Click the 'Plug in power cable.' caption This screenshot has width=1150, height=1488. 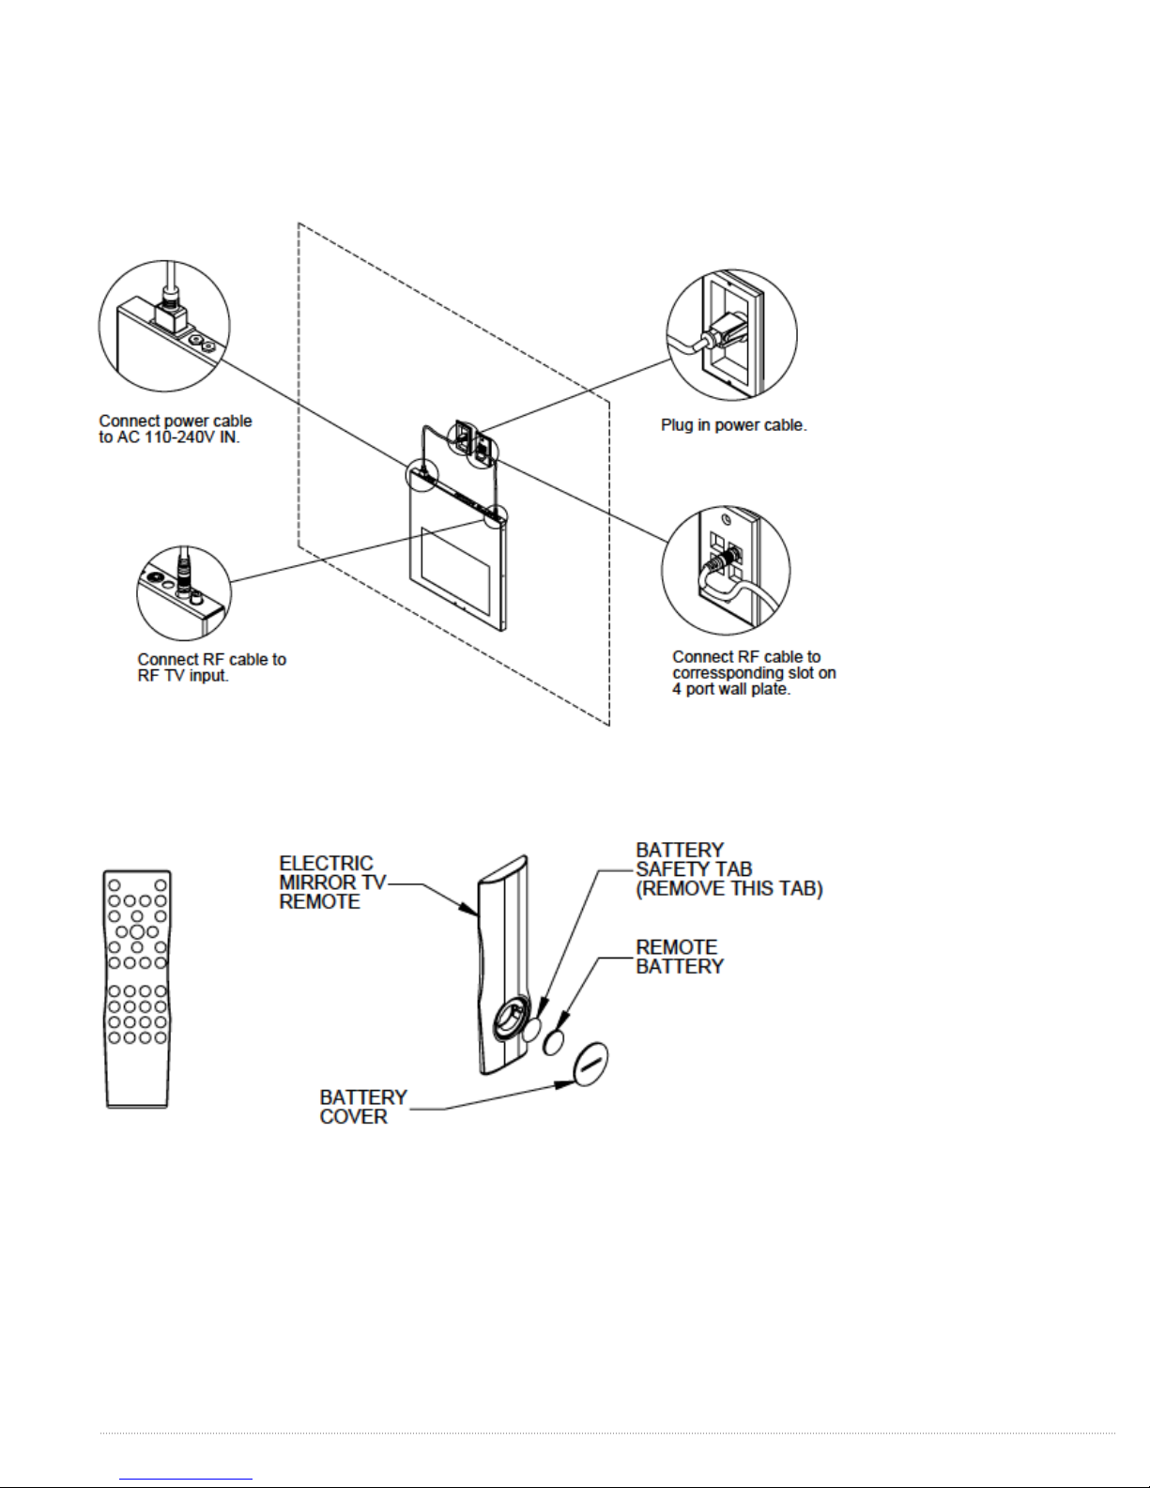tap(733, 425)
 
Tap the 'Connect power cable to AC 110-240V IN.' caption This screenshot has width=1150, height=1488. tap(176, 429)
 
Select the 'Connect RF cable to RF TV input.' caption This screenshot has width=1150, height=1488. tap(212, 667)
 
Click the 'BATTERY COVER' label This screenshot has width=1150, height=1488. tap(363, 1107)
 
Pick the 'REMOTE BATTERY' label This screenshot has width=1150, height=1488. tap(680, 957)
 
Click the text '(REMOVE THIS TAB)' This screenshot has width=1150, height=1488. tap(729, 889)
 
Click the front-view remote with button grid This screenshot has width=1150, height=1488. tap(137, 989)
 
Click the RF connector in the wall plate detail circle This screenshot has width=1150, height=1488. tap(718, 561)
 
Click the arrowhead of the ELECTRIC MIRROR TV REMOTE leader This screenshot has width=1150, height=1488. tap(473, 908)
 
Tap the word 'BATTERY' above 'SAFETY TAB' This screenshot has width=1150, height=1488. tap(680, 851)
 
